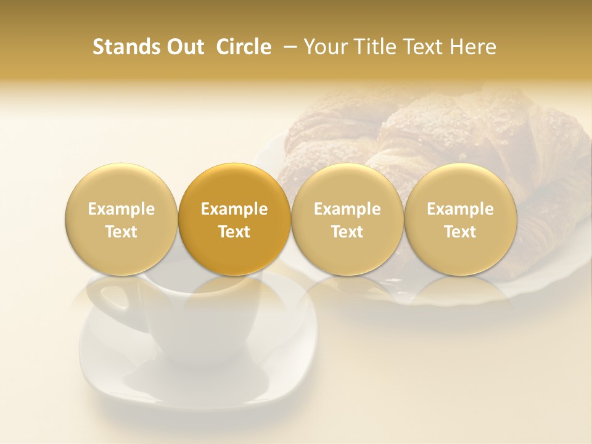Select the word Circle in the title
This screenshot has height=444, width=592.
click(x=244, y=47)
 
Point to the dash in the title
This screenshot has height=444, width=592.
click(x=287, y=47)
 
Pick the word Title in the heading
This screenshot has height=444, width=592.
click(x=376, y=47)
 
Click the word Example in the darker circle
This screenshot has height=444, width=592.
click(x=234, y=209)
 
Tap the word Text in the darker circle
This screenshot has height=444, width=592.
click(x=234, y=232)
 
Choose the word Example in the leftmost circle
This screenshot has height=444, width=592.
click(x=121, y=209)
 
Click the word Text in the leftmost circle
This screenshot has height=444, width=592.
click(x=121, y=232)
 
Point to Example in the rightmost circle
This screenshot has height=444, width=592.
click(x=460, y=209)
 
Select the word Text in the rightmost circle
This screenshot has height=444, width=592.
click(x=460, y=232)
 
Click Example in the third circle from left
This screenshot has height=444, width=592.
click(x=347, y=209)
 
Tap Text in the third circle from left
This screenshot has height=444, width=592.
click(x=347, y=232)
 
